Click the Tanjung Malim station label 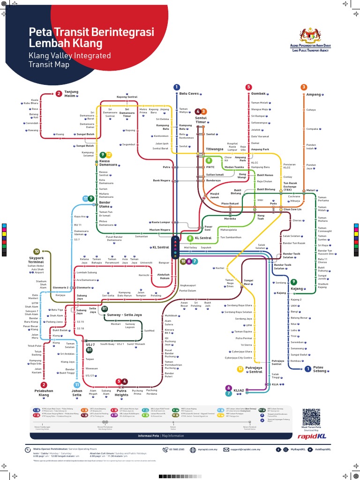71,93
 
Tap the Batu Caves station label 190,93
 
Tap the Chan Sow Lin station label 292,209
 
